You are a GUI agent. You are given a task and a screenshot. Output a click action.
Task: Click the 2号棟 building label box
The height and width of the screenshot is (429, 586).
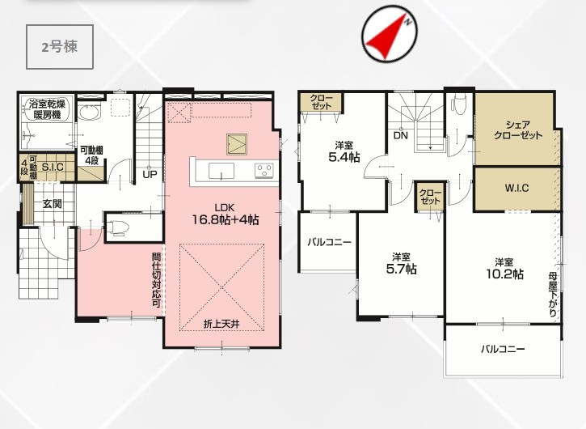click(60, 47)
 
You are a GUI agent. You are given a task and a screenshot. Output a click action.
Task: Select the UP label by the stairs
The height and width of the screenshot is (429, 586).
click(149, 175)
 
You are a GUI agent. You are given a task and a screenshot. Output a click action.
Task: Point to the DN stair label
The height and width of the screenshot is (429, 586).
click(401, 135)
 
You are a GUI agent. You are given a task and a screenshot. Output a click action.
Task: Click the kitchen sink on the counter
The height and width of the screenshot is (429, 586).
click(221, 172)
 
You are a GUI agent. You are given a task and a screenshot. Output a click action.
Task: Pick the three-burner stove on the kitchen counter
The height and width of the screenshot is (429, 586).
click(263, 171)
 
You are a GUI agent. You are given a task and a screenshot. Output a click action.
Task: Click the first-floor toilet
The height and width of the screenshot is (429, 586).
click(117, 227)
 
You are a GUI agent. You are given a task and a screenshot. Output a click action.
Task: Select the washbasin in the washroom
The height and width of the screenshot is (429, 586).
click(89, 112)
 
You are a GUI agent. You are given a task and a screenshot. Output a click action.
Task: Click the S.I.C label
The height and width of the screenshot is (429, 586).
click(53, 167)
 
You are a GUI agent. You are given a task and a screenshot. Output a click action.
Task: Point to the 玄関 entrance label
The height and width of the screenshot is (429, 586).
click(52, 204)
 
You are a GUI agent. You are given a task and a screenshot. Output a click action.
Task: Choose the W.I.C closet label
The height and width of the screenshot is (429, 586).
click(516, 188)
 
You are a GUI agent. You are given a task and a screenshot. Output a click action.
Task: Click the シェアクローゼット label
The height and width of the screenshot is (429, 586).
click(517, 130)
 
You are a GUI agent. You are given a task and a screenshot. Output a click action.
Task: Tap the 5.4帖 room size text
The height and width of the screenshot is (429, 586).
click(344, 157)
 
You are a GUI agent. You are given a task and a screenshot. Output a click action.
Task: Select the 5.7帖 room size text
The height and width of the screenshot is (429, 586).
click(402, 269)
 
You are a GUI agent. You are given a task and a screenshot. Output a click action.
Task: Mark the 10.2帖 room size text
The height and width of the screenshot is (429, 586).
click(504, 274)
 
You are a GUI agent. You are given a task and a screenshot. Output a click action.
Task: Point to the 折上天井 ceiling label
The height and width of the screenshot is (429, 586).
click(221, 324)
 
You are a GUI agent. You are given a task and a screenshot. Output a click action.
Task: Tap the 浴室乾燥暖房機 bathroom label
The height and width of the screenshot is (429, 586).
click(47, 109)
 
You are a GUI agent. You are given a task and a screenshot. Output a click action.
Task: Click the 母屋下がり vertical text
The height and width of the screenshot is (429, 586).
click(552, 295)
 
